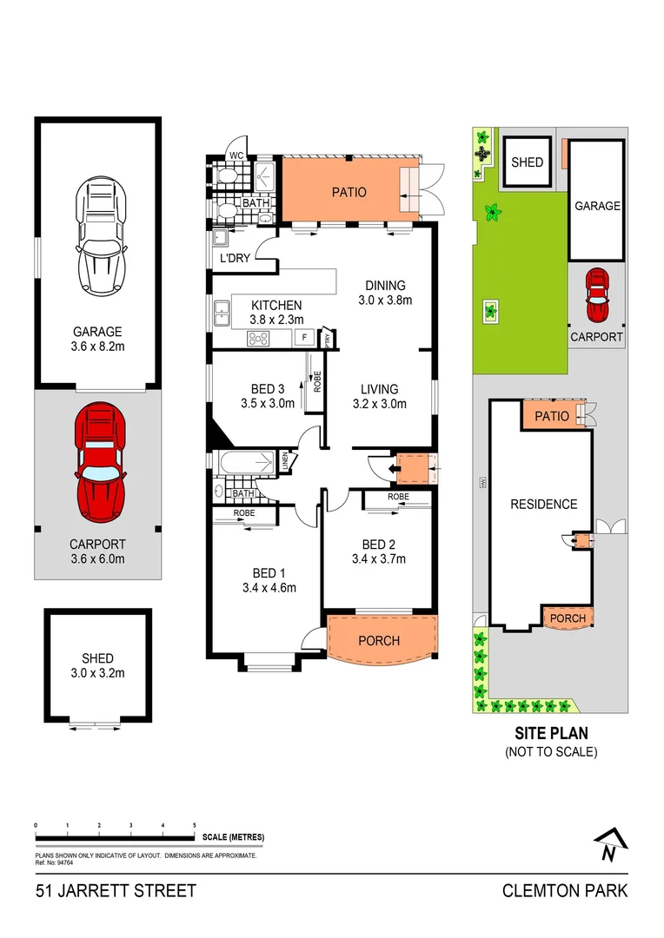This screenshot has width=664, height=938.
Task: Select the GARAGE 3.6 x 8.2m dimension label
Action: (x=97, y=339)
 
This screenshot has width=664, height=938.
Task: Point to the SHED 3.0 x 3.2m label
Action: (x=97, y=665)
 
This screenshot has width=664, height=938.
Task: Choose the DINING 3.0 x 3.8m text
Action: (x=385, y=294)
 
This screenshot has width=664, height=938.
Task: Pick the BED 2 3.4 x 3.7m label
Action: (x=379, y=552)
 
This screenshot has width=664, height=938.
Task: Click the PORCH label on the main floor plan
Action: (x=380, y=641)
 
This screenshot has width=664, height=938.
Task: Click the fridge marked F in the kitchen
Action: (x=305, y=338)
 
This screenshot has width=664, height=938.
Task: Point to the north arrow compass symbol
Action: (x=611, y=843)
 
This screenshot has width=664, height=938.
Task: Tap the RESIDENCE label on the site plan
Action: (x=543, y=504)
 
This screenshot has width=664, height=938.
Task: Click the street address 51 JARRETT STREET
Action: (x=116, y=890)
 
